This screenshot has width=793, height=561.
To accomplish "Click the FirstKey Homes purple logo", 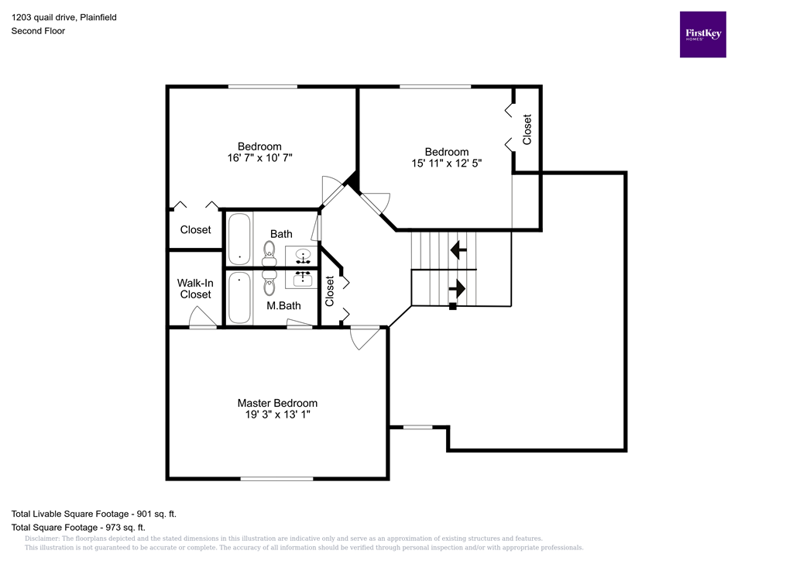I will coord(702,34).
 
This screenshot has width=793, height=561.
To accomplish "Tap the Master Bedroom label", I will coord(277,403).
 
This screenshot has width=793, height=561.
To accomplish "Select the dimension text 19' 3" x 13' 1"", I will coord(277,415).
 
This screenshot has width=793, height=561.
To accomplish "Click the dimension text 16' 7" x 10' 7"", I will coord(259,158).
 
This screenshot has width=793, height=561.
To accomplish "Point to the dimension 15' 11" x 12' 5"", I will coord(447,163).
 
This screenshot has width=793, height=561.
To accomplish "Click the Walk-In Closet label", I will coord(195,288).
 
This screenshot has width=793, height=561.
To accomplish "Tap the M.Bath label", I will coord(283,306).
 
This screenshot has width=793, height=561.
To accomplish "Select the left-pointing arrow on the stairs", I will coord(458,250).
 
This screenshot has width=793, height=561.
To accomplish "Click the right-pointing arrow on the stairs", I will coord(457,289).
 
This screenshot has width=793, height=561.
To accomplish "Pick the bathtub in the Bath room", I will coord(239,239).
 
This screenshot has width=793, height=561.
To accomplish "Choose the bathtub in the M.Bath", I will coord(239,298).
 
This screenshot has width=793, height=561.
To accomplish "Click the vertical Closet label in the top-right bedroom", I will coord(527,129).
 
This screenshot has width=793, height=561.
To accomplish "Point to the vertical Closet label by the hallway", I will coord(330,291).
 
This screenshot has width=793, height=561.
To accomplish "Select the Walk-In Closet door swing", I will coord(203,318).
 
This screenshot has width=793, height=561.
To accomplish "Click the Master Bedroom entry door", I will coord(365,337).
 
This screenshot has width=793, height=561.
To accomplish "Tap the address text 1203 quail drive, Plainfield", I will coord(64,17).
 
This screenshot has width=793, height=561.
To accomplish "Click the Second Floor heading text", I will coord(38,31).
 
